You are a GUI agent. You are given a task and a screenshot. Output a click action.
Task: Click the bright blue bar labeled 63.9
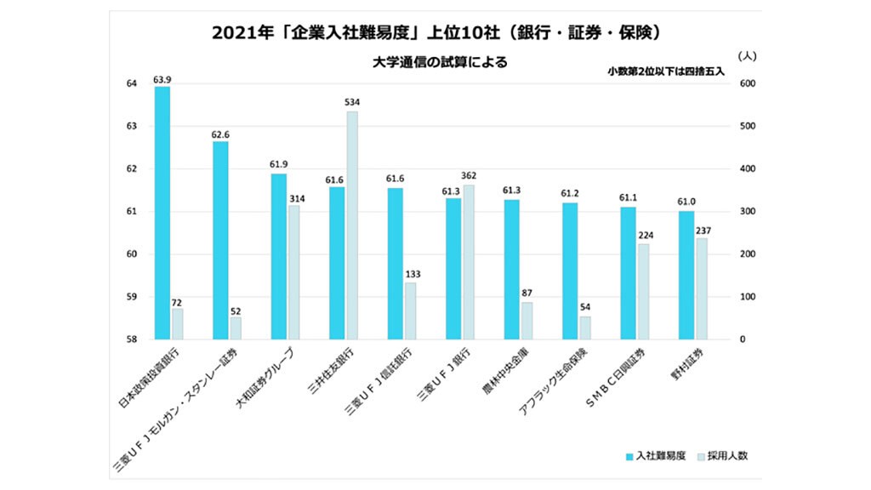point(162,213)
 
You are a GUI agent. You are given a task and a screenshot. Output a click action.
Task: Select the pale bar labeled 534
point(351,225)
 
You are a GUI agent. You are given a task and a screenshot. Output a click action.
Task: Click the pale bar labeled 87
point(527,321)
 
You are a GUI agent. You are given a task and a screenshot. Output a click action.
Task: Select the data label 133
point(411,274)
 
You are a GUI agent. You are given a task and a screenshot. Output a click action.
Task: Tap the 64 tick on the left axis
point(131,83)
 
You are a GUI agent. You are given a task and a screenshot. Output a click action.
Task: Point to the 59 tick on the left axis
point(131,297)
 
